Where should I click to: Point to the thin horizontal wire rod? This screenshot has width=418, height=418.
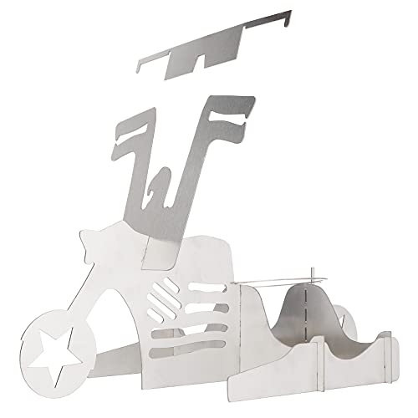pos(284,280)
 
